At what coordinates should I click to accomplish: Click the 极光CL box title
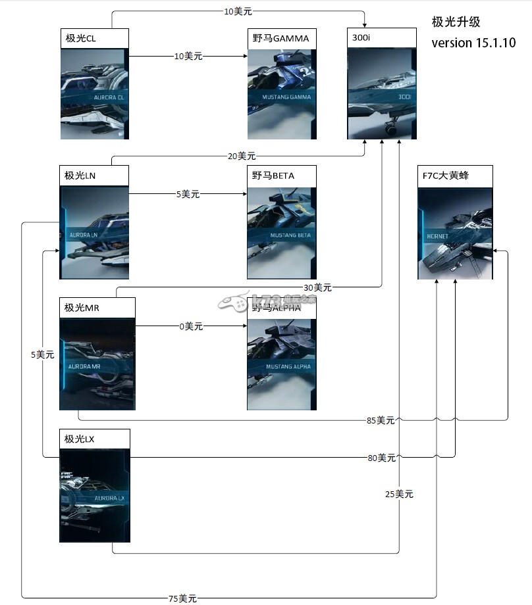(x=81, y=39)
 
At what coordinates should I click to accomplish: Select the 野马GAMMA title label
(x=280, y=39)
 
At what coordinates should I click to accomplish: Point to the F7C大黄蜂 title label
(x=446, y=176)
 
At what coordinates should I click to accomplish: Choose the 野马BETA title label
(x=273, y=176)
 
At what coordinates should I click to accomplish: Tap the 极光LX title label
(x=80, y=439)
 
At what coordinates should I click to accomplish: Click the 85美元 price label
(x=381, y=420)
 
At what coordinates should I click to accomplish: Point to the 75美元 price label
(x=182, y=598)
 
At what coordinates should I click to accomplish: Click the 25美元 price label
(x=400, y=495)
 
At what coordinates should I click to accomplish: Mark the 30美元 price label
(x=317, y=287)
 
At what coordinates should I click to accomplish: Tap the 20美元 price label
(x=242, y=156)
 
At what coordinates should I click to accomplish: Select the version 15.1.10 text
(x=473, y=43)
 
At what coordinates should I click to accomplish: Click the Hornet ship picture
(x=455, y=233)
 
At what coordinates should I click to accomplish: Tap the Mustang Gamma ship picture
(x=281, y=94)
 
